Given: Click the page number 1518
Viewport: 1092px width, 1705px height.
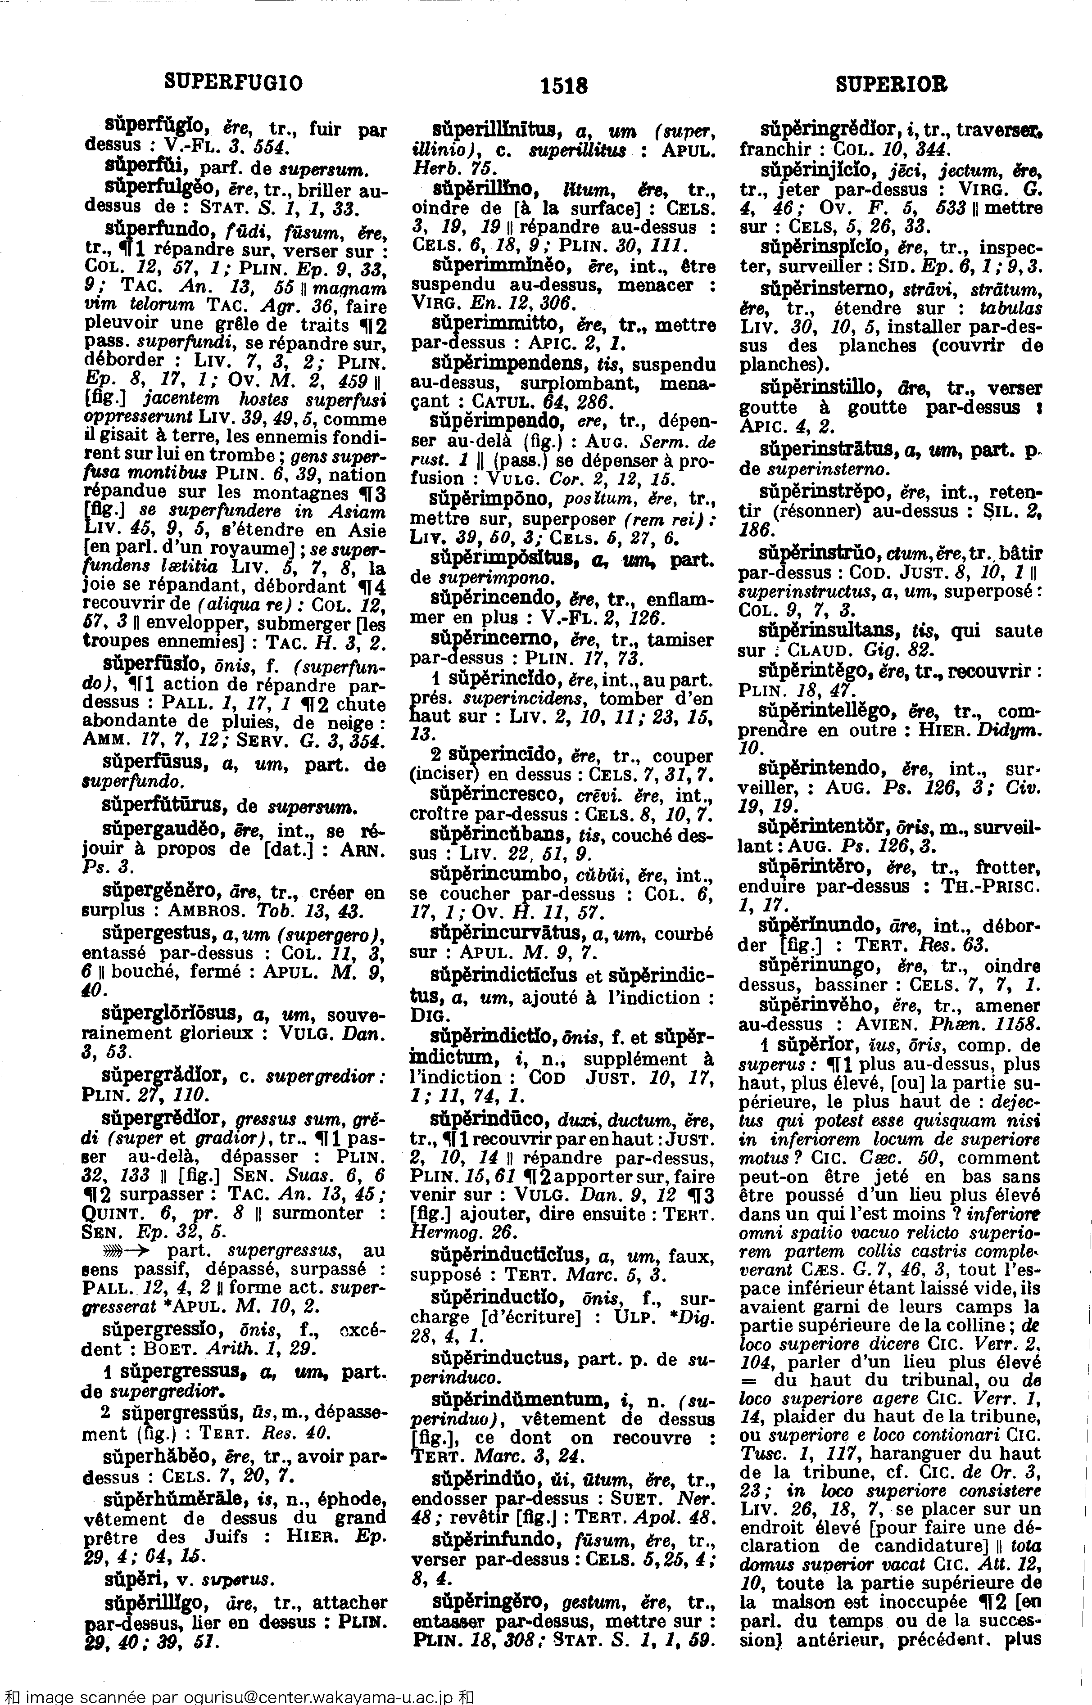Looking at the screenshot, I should [x=564, y=86].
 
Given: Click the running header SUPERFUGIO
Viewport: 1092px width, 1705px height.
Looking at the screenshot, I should [x=233, y=84].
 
